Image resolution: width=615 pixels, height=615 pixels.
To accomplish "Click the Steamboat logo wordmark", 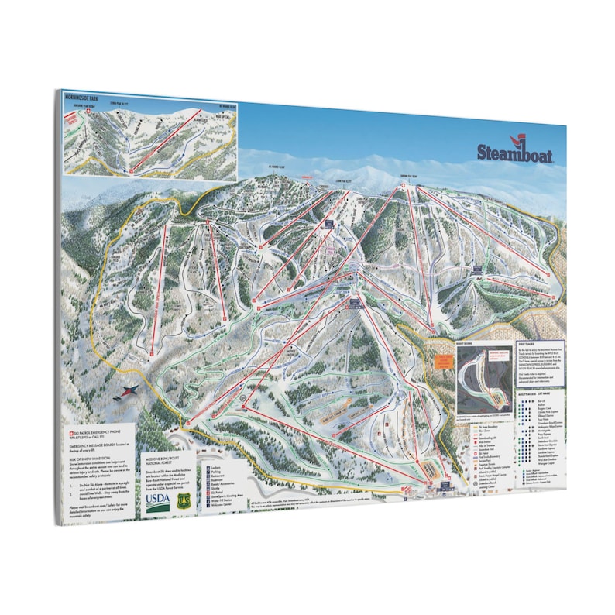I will [x=514, y=153].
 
